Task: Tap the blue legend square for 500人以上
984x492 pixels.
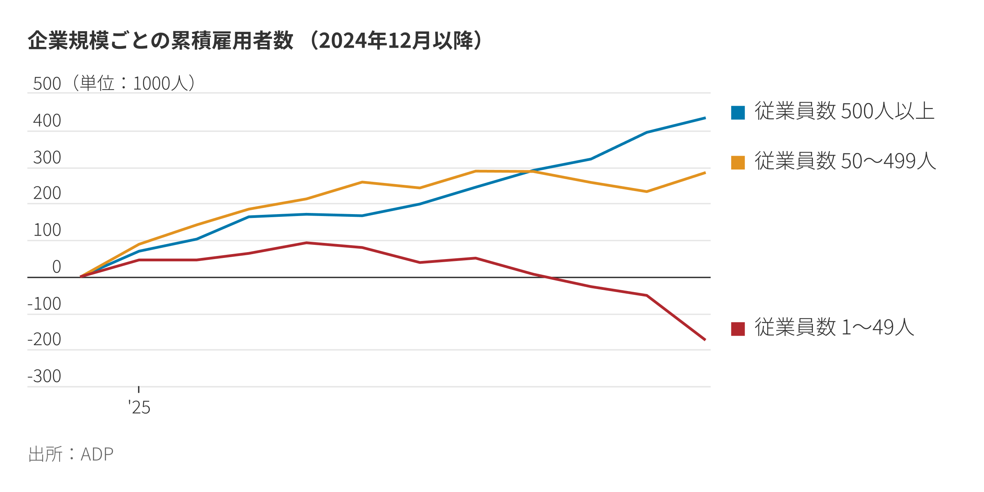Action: (x=738, y=113)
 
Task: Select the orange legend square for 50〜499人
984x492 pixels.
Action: (x=738, y=162)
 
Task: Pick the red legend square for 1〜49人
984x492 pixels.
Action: (x=738, y=329)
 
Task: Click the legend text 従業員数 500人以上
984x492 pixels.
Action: (x=844, y=111)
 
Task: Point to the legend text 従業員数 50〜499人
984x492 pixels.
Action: (x=845, y=161)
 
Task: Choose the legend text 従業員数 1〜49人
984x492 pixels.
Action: (x=834, y=327)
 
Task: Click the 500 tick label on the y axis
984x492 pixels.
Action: (x=47, y=84)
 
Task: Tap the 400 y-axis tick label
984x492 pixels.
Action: (x=47, y=121)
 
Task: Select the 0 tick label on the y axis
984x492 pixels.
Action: (x=57, y=267)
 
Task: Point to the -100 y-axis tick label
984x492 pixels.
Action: (x=44, y=304)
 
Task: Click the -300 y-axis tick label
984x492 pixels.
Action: (x=44, y=376)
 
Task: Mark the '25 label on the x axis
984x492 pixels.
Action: (x=139, y=407)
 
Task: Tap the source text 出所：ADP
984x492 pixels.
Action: (x=71, y=454)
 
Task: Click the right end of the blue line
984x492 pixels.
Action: (x=705, y=118)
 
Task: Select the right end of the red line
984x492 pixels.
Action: (x=705, y=340)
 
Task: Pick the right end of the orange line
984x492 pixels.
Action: (x=705, y=173)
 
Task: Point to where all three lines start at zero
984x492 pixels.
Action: (x=81, y=276)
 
